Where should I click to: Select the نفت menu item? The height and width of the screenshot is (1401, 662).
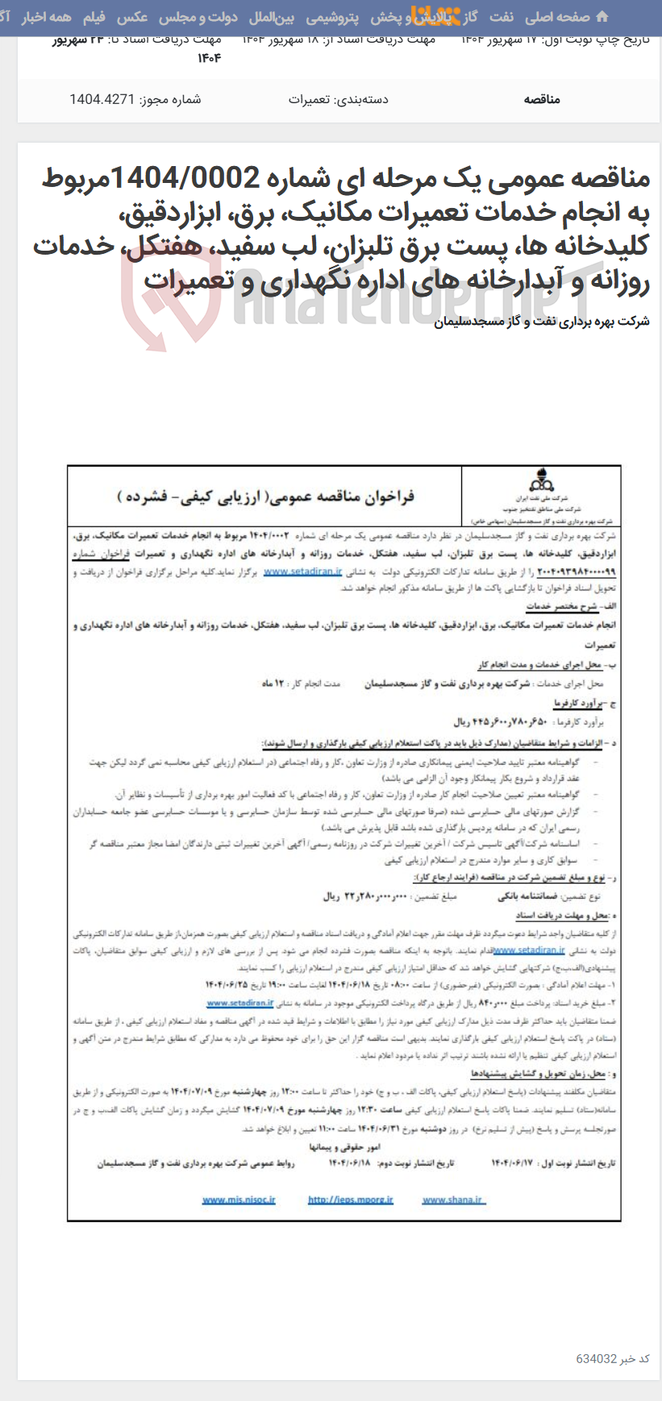[x=501, y=17]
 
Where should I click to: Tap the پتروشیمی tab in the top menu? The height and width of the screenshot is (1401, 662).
[x=332, y=17]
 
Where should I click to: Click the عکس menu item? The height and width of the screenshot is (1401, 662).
[x=132, y=17]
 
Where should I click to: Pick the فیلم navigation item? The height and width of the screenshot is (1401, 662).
[x=94, y=17]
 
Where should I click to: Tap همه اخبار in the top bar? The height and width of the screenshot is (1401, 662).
[x=46, y=17]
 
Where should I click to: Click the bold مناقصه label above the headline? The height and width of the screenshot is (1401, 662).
[x=541, y=99]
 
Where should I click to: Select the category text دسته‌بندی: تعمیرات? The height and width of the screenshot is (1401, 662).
[x=338, y=99]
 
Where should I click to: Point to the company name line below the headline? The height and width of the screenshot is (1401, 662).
[x=541, y=322]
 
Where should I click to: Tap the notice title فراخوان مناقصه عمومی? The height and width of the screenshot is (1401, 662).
[x=265, y=497]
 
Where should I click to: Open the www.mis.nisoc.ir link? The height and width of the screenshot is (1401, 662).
[x=239, y=1199]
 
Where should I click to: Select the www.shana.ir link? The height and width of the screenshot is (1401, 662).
[x=452, y=1199]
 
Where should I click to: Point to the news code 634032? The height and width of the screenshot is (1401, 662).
[x=596, y=1358]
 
